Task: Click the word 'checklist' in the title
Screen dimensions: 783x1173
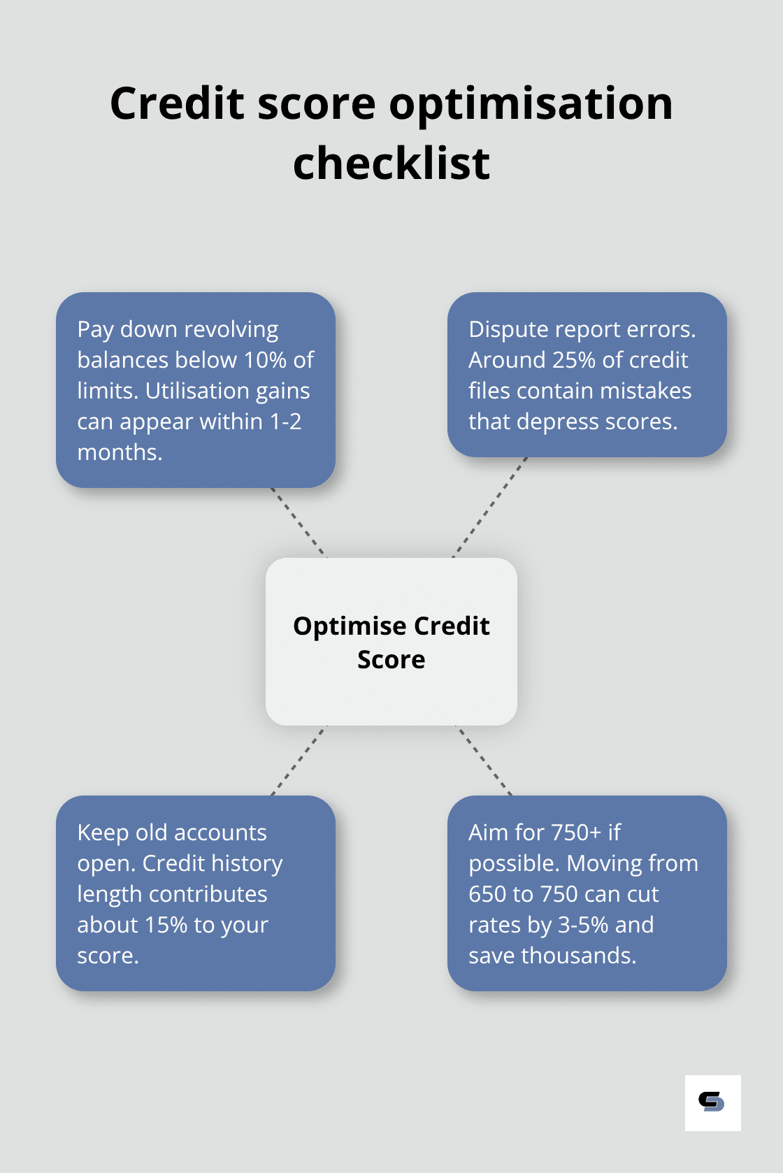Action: (391, 163)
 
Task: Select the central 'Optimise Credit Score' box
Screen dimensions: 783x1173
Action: (391, 642)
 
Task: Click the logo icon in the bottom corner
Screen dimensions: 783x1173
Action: (712, 1103)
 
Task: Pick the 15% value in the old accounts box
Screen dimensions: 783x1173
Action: (166, 925)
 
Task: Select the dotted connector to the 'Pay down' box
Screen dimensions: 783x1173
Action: (298, 523)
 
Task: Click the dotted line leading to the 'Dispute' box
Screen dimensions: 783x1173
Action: (489, 507)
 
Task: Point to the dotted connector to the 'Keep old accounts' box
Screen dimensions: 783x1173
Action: (299, 761)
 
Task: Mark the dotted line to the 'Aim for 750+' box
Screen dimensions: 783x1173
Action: (484, 761)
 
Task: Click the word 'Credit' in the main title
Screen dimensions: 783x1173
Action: (177, 103)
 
